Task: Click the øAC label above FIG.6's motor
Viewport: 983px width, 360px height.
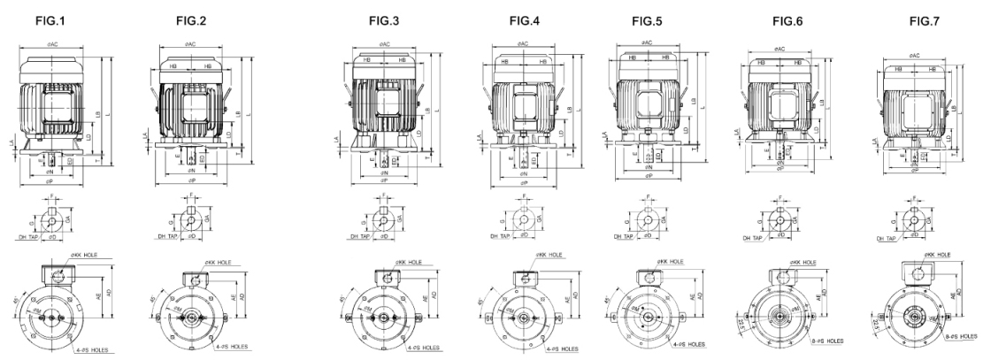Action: [x=779, y=49]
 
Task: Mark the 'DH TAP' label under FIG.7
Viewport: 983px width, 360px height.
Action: [x=886, y=238]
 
